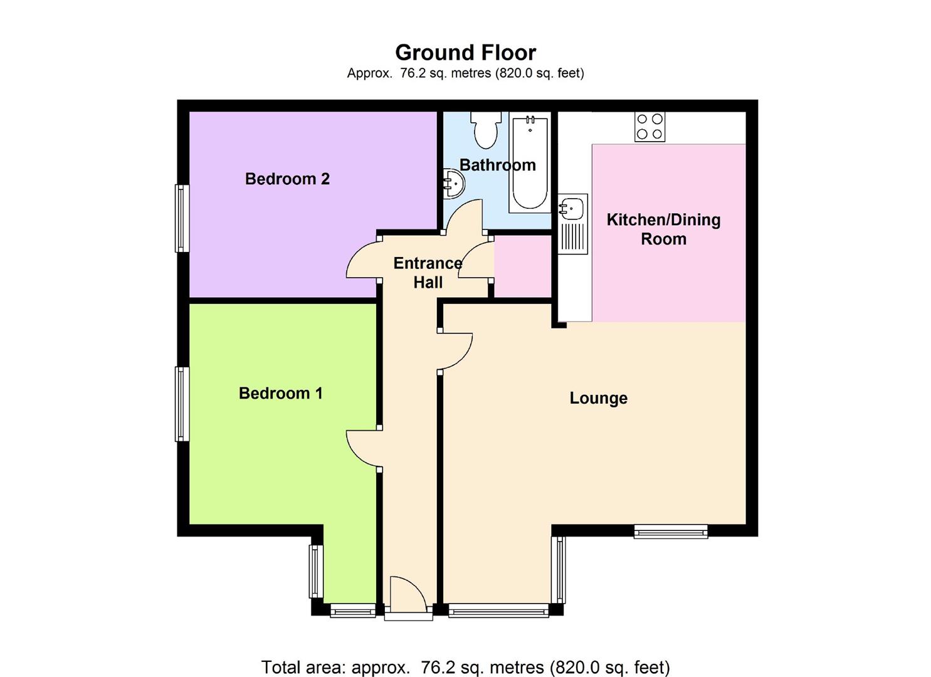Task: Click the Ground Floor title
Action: [465, 52]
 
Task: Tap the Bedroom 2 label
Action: [287, 179]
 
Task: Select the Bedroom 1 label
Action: [280, 394]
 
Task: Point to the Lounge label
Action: [598, 398]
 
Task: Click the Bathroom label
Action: [497, 165]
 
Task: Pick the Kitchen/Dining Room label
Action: [663, 229]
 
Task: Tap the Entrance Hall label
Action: [428, 273]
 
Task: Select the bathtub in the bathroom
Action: [530, 162]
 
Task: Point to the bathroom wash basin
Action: [453, 182]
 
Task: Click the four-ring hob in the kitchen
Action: [650, 126]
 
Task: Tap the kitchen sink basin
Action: [573, 206]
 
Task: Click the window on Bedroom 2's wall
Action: [182, 218]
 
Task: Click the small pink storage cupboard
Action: [522, 266]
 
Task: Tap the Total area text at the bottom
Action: [465, 667]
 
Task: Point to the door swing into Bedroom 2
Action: [362, 260]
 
